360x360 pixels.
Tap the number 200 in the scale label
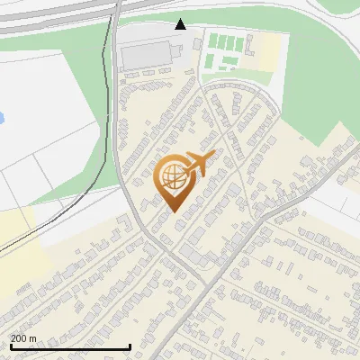19,337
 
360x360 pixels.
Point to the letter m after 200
32,337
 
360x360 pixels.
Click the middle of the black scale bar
70,346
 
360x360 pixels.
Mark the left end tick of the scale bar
10,346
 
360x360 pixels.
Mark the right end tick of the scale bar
130,346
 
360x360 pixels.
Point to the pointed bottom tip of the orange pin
172,211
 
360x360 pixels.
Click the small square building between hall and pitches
197,44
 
